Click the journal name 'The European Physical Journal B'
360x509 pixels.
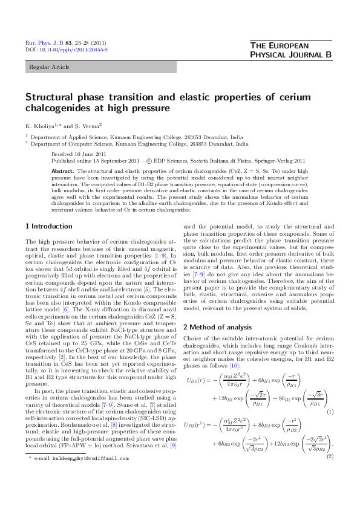tap(290, 51)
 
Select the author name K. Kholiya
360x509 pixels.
tap(41, 125)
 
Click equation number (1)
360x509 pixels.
tap(330, 412)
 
